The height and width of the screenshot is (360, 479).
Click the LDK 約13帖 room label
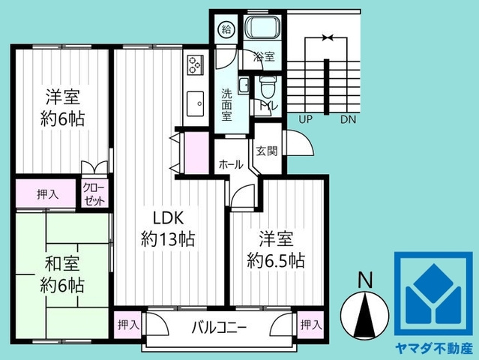[169, 229]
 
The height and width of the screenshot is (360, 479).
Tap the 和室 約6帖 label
[62, 274]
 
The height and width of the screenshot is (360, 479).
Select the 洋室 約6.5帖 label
[276, 250]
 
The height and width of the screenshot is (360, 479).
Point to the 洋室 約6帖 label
[64, 106]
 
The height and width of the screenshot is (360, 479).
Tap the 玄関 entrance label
[267, 150]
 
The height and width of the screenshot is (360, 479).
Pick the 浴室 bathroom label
[264, 57]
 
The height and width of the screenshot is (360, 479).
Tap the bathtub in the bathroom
[263, 29]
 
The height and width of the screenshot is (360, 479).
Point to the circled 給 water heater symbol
[226, 29]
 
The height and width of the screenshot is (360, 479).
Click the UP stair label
[305, 119]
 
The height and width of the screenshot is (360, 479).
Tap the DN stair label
[348, 119]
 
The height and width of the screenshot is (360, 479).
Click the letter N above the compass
[365, 280]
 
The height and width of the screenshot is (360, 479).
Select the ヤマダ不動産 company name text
[434, 349]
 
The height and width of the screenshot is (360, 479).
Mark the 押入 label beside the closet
[47, 194]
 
